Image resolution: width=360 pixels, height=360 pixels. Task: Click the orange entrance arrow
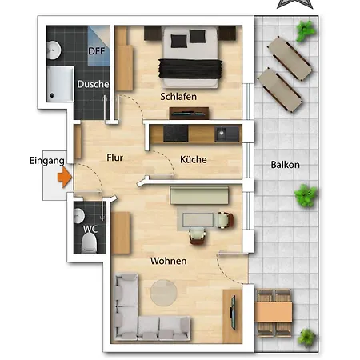click(x=64, y=177)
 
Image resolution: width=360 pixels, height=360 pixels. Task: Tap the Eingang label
click(x=47, y=161)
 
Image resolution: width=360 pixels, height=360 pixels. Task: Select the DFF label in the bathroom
click(x=96, y=51)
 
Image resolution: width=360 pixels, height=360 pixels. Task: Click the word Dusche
click(x=93, y=84)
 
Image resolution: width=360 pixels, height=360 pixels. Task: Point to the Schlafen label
click(x=178, y=97)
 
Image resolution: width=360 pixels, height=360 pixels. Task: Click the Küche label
click(x=194, y=159)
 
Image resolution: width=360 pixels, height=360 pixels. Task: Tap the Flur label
click(x=114, y=158)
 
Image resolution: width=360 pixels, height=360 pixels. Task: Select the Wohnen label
click(x=169, y=261)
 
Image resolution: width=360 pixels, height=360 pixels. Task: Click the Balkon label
click(x=285, y=165)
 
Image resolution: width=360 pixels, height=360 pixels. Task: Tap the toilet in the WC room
click(x=90, y=242)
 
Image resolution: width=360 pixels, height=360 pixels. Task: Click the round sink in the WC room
click(x=78, y=216)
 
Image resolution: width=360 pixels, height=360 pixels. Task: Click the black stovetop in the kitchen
click(x=176, y=134)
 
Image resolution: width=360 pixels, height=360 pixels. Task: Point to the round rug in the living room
click(x=163, y=293)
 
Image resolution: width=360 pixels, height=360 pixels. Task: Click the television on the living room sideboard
click(x=233, y=312)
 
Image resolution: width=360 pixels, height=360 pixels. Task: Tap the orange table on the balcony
click(x=274, y=312)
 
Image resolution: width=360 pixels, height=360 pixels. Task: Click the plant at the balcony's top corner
click(x=306, y=30)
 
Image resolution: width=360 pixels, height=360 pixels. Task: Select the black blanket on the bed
click(x=190, y=69)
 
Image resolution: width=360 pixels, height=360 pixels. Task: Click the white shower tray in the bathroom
click(x=60, y=84)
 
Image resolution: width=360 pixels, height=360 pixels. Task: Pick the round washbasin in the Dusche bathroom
click(x=54, y=50)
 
